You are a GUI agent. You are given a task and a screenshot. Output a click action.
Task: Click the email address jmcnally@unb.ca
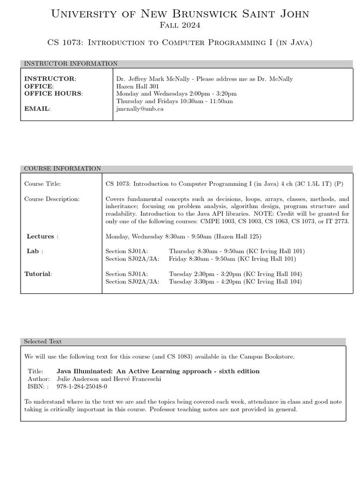point(140,109)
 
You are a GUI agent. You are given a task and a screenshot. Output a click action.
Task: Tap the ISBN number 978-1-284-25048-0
point(82,387)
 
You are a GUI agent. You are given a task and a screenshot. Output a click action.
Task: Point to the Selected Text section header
point(43,342)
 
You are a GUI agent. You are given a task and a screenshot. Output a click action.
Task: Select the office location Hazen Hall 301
point(137,86)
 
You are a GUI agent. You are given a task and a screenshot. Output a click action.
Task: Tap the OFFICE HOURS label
point(53,93)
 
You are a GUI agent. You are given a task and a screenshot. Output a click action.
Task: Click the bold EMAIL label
point(37,109)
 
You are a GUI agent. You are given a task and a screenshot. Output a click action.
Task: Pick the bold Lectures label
point(40,236)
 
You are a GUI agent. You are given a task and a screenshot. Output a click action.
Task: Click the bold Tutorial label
point(38,274)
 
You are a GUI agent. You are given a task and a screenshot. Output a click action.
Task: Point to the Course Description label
point(52,199)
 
